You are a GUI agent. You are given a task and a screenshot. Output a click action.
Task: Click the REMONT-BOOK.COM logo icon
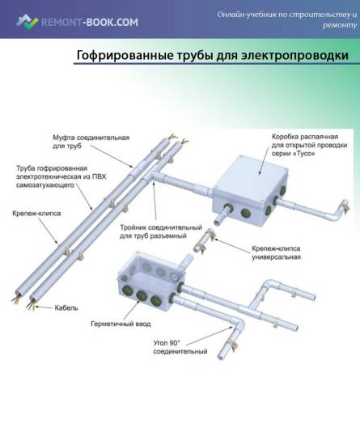(x=27, y=22)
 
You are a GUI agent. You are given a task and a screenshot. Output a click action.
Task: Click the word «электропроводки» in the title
(x=294, y=55)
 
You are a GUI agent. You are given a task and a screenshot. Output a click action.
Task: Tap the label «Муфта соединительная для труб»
(x=91, y=142)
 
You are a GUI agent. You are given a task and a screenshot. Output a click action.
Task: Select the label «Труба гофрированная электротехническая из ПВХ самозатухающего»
(x=61, y=176)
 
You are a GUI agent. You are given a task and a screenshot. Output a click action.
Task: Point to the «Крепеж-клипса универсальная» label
(x=276, y=252)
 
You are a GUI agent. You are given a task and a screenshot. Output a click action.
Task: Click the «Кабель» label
(x=66, y=307)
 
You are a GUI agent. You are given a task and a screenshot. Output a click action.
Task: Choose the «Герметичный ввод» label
(x=121, y=324)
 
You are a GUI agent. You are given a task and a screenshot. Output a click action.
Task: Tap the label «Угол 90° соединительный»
(x=180, y=347)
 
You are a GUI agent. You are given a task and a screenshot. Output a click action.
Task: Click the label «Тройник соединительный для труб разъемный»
(x=161, y=231)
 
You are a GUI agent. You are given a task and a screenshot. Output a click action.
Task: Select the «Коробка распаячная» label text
(x=305, y=137)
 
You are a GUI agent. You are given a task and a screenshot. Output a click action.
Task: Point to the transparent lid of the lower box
(x=152, y=268)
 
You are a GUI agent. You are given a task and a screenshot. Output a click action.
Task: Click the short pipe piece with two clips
(x=204, y=240)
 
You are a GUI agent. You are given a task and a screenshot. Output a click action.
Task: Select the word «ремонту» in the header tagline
(x=340, y=25)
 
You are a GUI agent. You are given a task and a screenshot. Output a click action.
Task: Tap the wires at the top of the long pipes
(x=178, y=139)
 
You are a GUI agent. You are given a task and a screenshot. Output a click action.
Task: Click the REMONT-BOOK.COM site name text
(x=90, y=22)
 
